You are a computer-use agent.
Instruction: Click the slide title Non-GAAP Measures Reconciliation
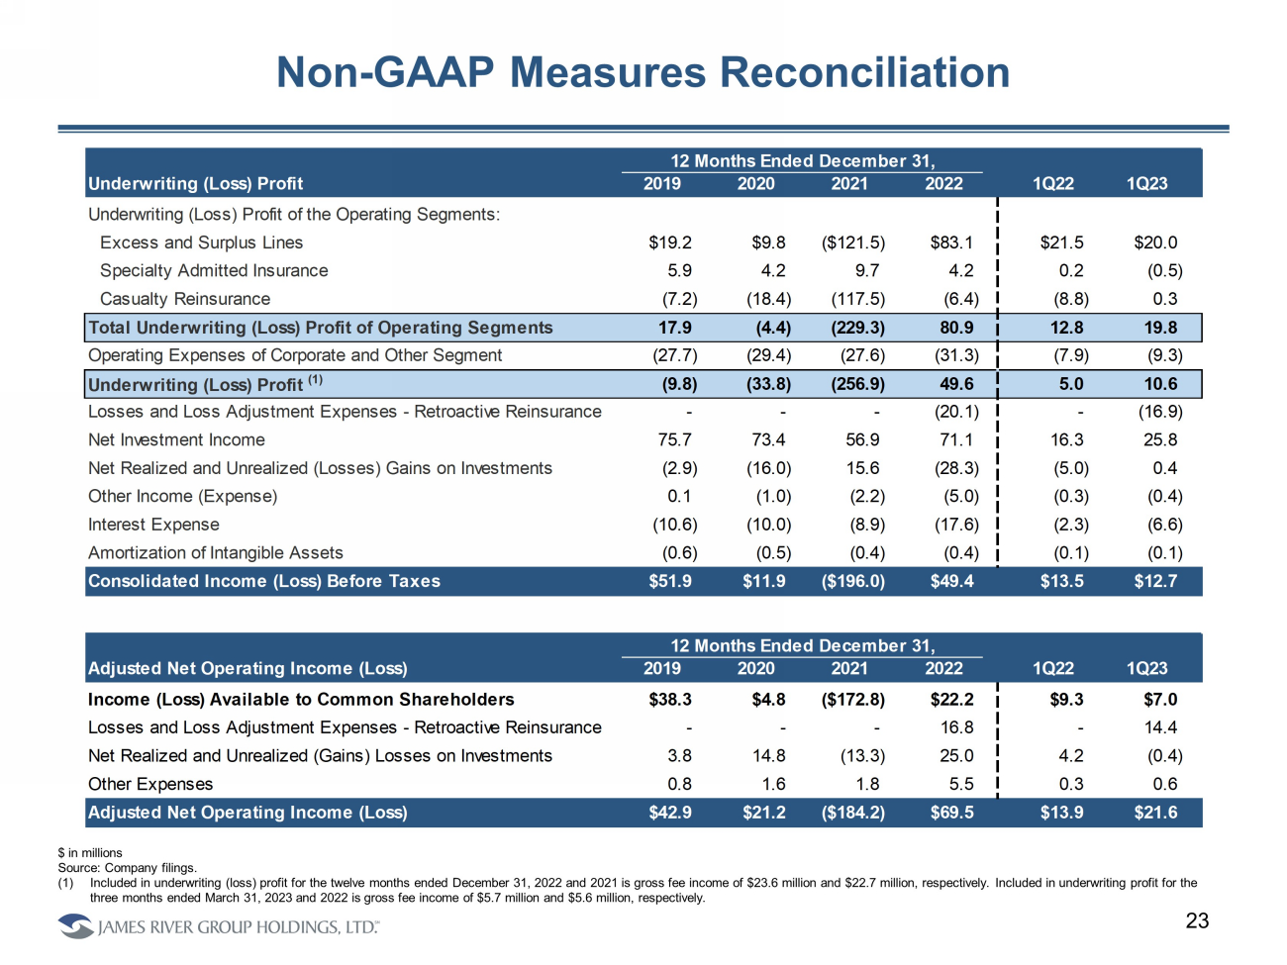point(643,72)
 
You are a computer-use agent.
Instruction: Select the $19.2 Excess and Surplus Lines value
point(670,242)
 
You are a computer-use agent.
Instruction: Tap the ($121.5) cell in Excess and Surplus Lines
point(853,242)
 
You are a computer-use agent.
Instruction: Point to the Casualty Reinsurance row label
point(185,299)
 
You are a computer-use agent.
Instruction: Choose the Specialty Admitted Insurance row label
point(214,270)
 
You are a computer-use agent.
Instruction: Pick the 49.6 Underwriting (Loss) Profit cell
point(956,384)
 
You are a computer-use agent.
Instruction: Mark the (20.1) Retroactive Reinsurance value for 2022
point(956,412)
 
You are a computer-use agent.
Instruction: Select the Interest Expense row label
point(153,525)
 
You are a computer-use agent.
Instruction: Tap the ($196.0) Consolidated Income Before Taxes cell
point(853,581)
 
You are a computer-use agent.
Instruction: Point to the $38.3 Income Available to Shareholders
point(670,700)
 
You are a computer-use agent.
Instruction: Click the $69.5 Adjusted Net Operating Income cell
point(952,813)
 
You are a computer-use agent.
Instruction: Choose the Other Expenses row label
point(150,784)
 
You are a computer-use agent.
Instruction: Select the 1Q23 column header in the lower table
point(1146,668)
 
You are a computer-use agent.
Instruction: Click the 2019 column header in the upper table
point(662,183)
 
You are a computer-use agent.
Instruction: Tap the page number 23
point(1197,920)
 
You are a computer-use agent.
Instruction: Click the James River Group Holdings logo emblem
point(75,926)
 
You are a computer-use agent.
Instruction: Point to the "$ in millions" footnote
point(90,852)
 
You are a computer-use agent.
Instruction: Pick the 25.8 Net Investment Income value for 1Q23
point(1160,439)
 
